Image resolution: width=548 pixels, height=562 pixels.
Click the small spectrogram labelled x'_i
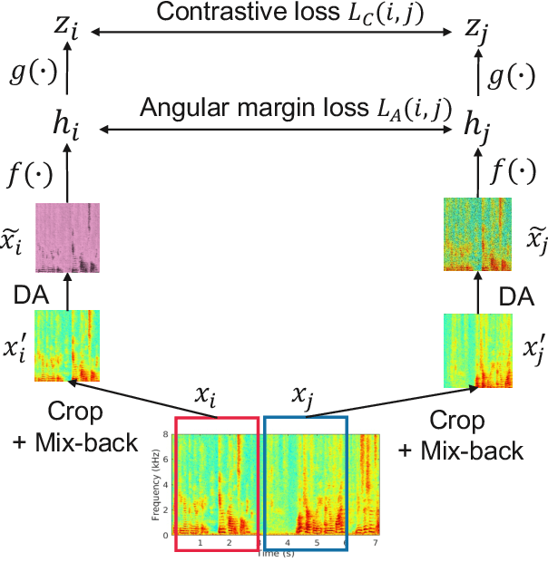[x=67, y=345]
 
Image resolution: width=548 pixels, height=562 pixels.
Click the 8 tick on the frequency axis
[x=166, y=435]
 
